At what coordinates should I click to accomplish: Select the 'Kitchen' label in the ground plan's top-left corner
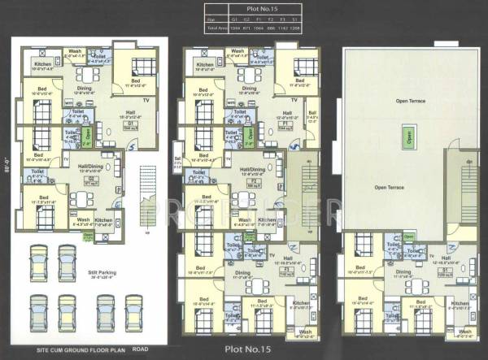click(42, 63)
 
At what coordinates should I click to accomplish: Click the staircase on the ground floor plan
click(146, 187)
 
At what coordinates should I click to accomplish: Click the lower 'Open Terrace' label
click(390, 187)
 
